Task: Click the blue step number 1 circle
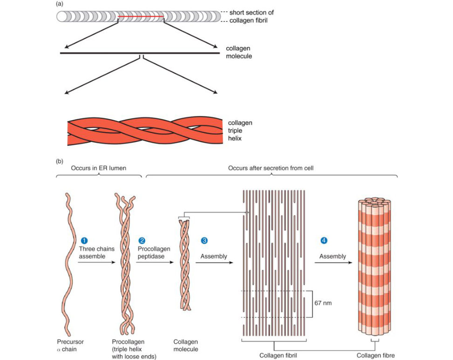click(84, 241)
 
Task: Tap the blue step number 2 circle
click(142, 241)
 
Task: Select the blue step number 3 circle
click(204, 241)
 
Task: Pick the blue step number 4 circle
click(324, 240)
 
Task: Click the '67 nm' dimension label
click(323, 303)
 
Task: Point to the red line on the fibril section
click(141, 17)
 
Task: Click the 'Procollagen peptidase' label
click(154, 252)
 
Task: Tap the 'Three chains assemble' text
click(96, 252)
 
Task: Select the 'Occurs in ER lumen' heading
click(99, 168)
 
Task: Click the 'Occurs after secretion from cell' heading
click(270, 168)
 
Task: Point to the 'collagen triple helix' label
click(240, 130)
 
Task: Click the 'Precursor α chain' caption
click(70, 346)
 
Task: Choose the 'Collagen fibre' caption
click(376, 355)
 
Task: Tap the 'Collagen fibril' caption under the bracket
click(278, 355)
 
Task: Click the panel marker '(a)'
click(60, 4)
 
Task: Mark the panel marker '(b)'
click(60, 161)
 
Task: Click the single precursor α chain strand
click(68, 265)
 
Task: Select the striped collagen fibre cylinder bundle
click(374, 266)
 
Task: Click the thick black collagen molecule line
click(140, 53)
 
